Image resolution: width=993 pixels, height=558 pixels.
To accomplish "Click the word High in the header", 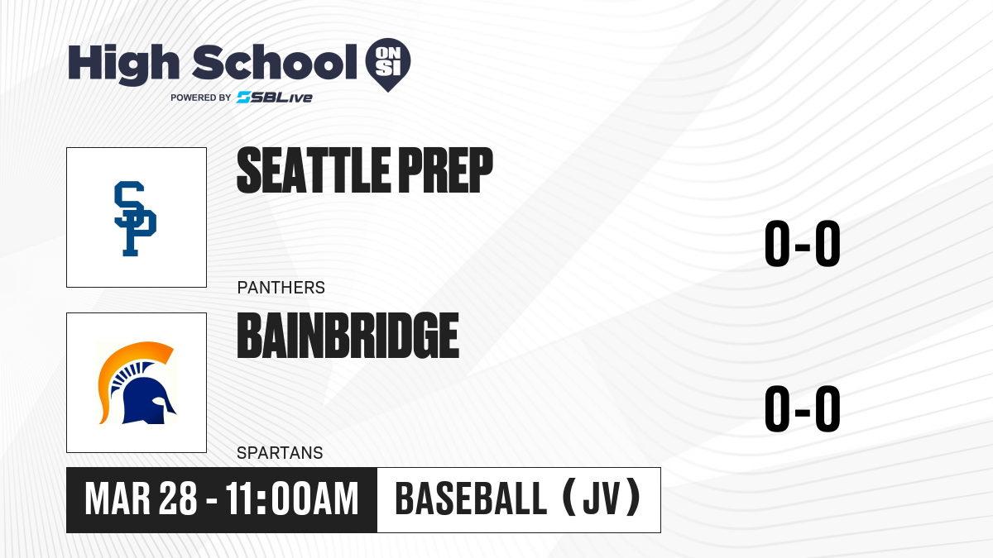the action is click(x=123, y=64).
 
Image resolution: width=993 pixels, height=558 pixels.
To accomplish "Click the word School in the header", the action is click(x=275, y=62).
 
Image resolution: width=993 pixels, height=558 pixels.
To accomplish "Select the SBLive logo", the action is click(x=275, y=98).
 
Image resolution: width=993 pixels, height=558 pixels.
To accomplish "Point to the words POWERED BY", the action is click(x=201, y=98).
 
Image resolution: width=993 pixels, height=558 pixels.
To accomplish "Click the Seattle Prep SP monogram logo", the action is click(x=135, y=218).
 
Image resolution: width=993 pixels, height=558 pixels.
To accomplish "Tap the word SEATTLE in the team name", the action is click(x=314, y=170).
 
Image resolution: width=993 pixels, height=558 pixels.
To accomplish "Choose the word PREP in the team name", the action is click(x=446, y=170).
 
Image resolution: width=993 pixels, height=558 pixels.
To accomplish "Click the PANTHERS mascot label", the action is click(x=281, y=288).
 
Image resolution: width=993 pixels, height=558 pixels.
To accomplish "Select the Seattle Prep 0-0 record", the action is click(x=803, y=244).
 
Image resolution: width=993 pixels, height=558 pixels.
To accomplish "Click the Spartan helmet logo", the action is click(x=137, y=383).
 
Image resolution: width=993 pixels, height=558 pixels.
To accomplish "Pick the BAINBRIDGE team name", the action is click(x=348, y=336).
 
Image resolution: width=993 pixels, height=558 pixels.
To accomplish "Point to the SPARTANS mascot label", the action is click(x=280, y=453).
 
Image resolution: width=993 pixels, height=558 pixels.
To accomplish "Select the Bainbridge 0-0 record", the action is click(x=803, y=408).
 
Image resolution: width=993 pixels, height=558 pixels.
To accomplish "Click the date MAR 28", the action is click(x=141, y=499).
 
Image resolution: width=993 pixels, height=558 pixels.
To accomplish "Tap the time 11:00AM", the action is click(x=291, y=499).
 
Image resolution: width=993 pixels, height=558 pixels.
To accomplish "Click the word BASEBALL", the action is click(x=471, y=499).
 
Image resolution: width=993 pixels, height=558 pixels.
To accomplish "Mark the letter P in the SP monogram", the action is click(x=140, y=231).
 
